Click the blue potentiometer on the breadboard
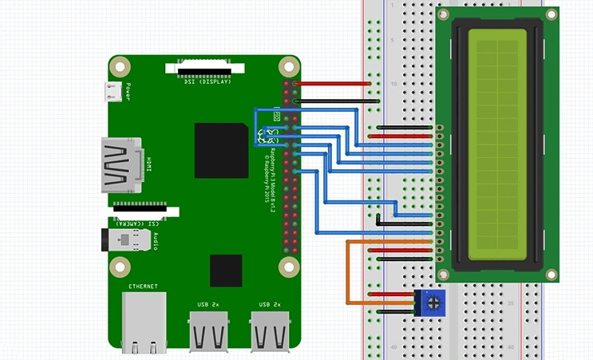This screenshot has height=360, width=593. point(431,303)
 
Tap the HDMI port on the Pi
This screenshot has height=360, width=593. point(121,165)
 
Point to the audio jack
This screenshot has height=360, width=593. point(122,240)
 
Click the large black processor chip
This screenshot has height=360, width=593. point(221,150)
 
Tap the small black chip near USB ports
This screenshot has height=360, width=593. point(226,270)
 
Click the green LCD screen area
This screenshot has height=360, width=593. point(497,145)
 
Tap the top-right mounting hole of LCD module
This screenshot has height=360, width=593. point(551,14)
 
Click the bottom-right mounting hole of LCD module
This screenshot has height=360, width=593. point(551,273)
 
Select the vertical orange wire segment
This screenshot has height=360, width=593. point(347,271)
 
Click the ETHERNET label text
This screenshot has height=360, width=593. point(144,286)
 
